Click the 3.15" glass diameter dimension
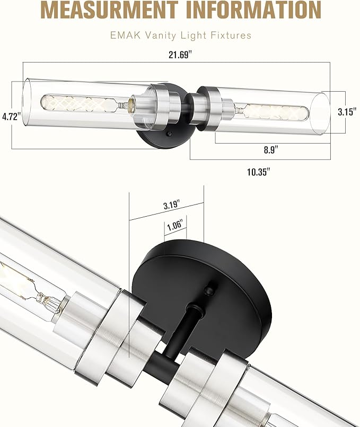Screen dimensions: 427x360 [348, 112]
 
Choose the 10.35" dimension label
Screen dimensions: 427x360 [259, 172]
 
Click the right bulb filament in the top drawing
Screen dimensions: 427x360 [278, 112]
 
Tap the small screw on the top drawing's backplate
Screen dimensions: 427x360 [168, 136]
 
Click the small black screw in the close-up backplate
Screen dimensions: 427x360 [210, 290]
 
